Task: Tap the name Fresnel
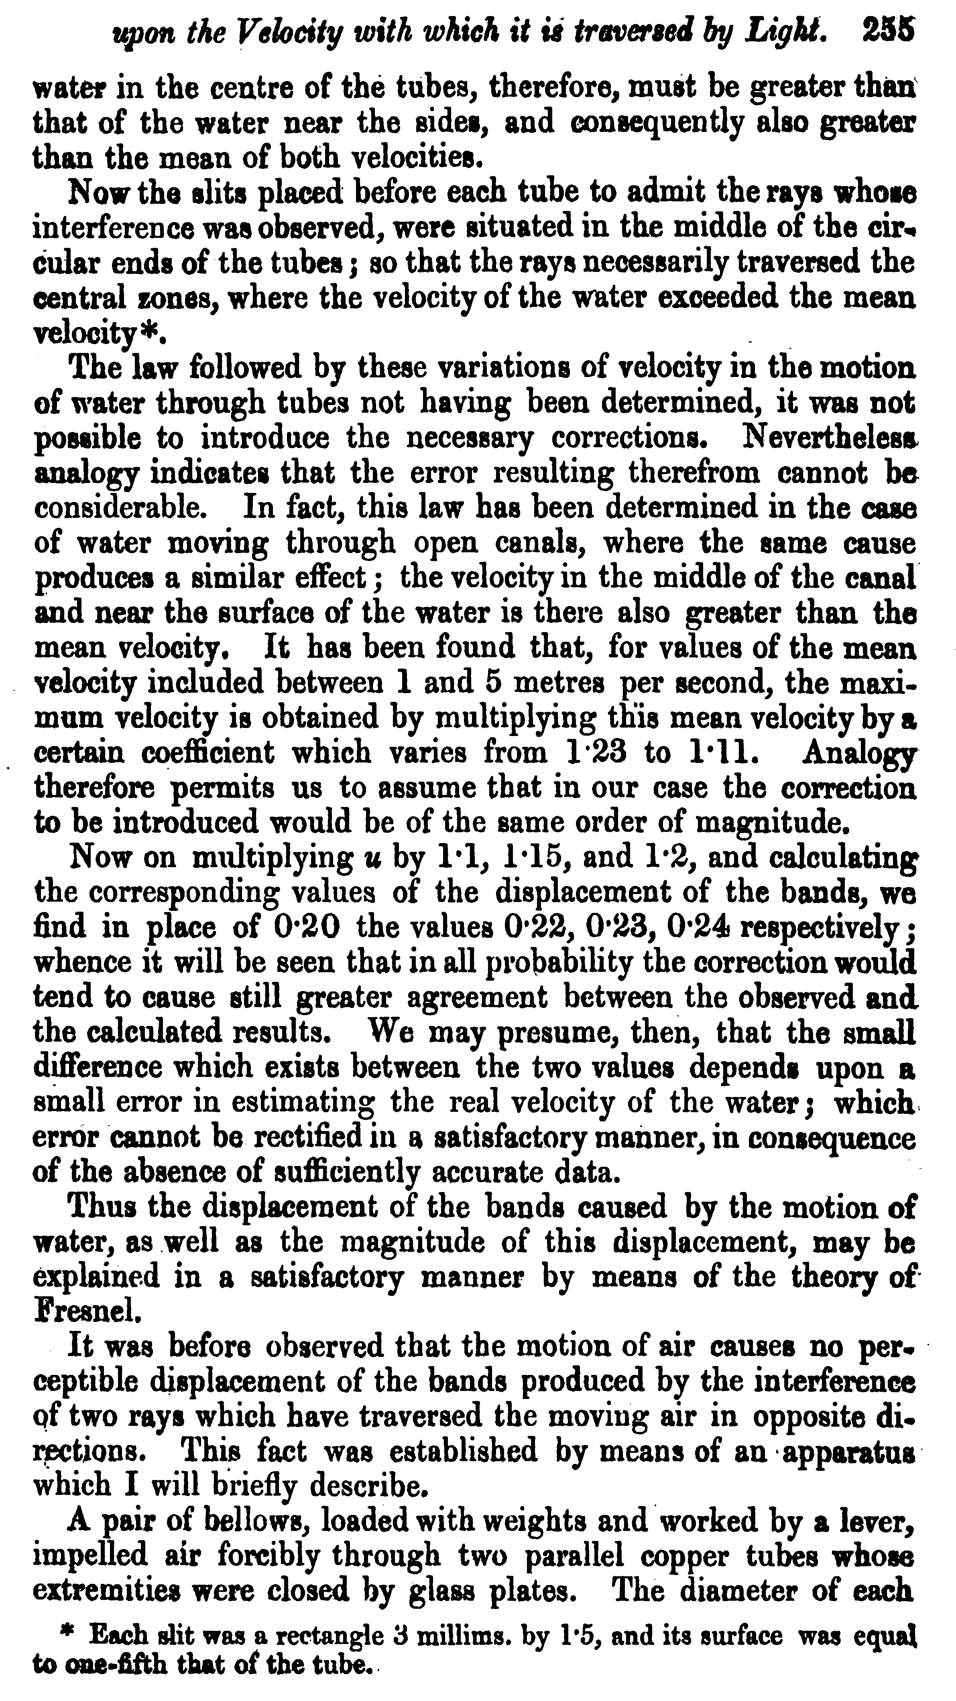[86, 1309]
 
